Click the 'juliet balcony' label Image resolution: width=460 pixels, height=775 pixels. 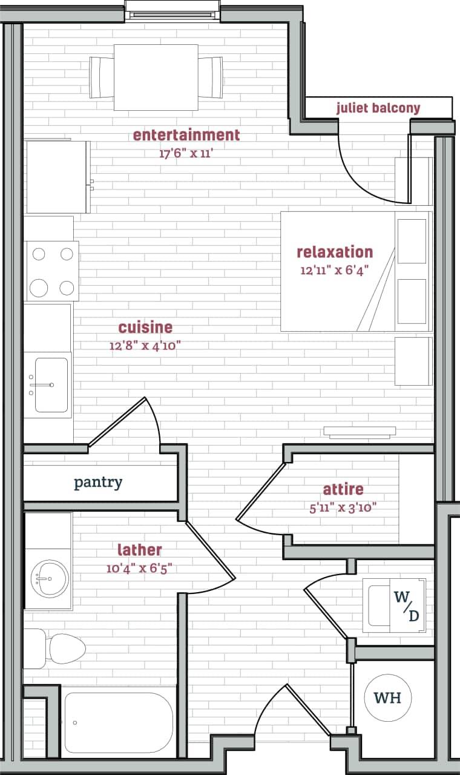click(378, 108)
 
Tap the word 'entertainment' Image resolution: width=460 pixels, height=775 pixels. click(186, 134)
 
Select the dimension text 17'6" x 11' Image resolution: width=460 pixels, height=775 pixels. click(186, 153)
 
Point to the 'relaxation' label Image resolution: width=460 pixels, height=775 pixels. click(335, 252)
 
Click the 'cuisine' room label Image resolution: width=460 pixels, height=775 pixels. click(145, 328)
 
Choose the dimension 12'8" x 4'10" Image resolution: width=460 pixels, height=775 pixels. click(145, 346)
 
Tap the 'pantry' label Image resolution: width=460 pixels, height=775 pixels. click(98, 483)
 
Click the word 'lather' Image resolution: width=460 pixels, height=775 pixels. click(139, 550)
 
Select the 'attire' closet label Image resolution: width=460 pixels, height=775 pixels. click(343, 489)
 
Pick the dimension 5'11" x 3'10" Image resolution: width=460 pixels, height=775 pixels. click(343, 507)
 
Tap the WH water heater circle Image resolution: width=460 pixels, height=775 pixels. click(388, 698)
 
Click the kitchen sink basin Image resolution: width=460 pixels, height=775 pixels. click(51, 384)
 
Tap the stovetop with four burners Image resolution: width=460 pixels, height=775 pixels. click(51, 271)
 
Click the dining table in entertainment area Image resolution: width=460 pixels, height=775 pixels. click(156, 77)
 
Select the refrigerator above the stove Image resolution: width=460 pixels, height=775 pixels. click(57, 177)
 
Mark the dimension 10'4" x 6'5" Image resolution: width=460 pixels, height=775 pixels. click(139, 569)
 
